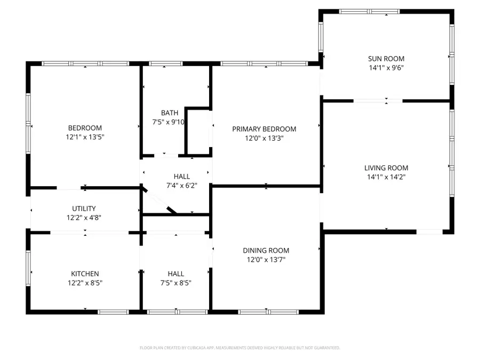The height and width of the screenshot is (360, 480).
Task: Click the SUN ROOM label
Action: (x=386, y=59)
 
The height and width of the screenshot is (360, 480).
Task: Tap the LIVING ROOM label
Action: (x=386, y=167)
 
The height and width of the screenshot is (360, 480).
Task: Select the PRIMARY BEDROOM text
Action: (x=264, y=129)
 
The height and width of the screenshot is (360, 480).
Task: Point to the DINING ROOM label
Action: (x=266, y=251)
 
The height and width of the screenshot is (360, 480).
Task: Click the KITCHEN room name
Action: (x=85, y=274)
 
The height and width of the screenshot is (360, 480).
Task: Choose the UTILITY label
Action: (x=84, y=209)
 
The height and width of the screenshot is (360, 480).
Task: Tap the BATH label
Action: (x=170, y=113)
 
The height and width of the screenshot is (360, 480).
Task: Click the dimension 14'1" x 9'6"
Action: (x=386, y=68)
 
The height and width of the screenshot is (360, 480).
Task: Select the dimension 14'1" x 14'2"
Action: (x=386, y=177)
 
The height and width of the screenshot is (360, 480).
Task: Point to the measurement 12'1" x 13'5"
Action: (x=85, y=137)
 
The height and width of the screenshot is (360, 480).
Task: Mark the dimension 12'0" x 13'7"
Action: (x=266, y=260)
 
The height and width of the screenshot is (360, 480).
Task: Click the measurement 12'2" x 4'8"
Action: (x=84, y=218)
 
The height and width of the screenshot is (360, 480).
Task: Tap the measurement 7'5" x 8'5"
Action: (x=175, y=283)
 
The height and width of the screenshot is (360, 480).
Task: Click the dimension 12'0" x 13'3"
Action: (x=264, y=138)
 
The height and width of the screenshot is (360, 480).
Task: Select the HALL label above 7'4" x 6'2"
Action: (x=181, y=177)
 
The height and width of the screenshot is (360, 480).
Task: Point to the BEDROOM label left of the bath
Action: (x=85, y=128)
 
